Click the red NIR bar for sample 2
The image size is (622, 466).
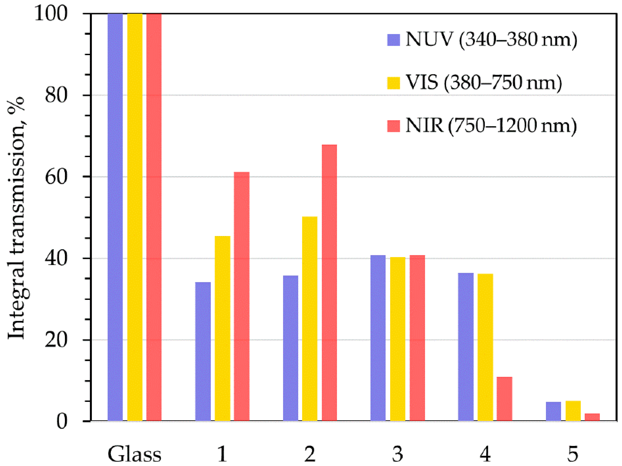(329, 283)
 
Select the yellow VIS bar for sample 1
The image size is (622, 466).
(222, 328)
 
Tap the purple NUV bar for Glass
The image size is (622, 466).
(115, 217)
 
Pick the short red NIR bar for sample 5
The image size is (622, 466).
(592, 417)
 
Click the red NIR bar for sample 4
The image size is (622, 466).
(505, 399)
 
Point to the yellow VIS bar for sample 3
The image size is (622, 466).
(398, 339)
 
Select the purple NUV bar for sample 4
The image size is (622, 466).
(466, 347)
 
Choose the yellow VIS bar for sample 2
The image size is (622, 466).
(310, 319)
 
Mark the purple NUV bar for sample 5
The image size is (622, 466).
(553, 412)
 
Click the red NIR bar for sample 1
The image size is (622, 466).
(241, 296)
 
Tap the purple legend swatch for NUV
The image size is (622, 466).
(393, 40)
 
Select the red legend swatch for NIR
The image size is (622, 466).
(393, 126)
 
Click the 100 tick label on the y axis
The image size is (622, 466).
(51, 14)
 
